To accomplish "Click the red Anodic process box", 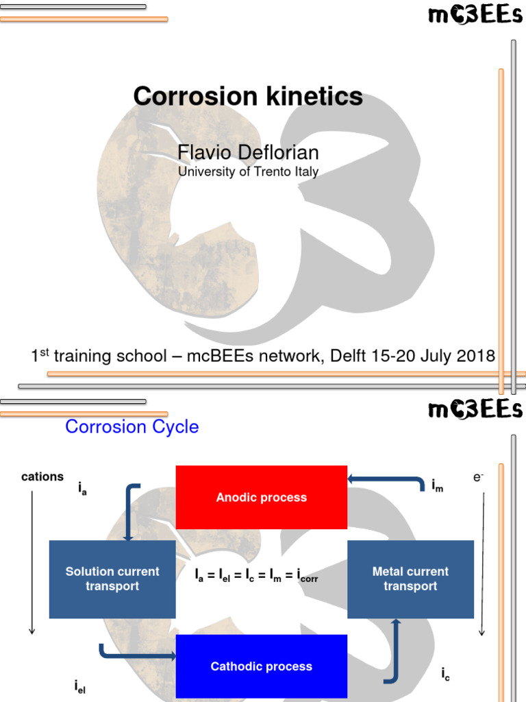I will click(261, 497).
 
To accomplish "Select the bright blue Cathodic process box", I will click(261, 666).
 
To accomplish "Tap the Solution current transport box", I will click(112, 579).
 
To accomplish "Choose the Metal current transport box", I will click(410, 579).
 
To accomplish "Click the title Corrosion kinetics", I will click(248, 96).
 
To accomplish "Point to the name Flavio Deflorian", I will click(248, 152).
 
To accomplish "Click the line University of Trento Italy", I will click(248, 171).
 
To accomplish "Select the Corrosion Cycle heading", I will click(131, 426).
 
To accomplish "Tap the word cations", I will click(42, 476).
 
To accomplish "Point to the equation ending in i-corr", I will click(256, 577).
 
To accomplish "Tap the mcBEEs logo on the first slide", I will click(475, 15).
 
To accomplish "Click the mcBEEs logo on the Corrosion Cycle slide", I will click(475, 410).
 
